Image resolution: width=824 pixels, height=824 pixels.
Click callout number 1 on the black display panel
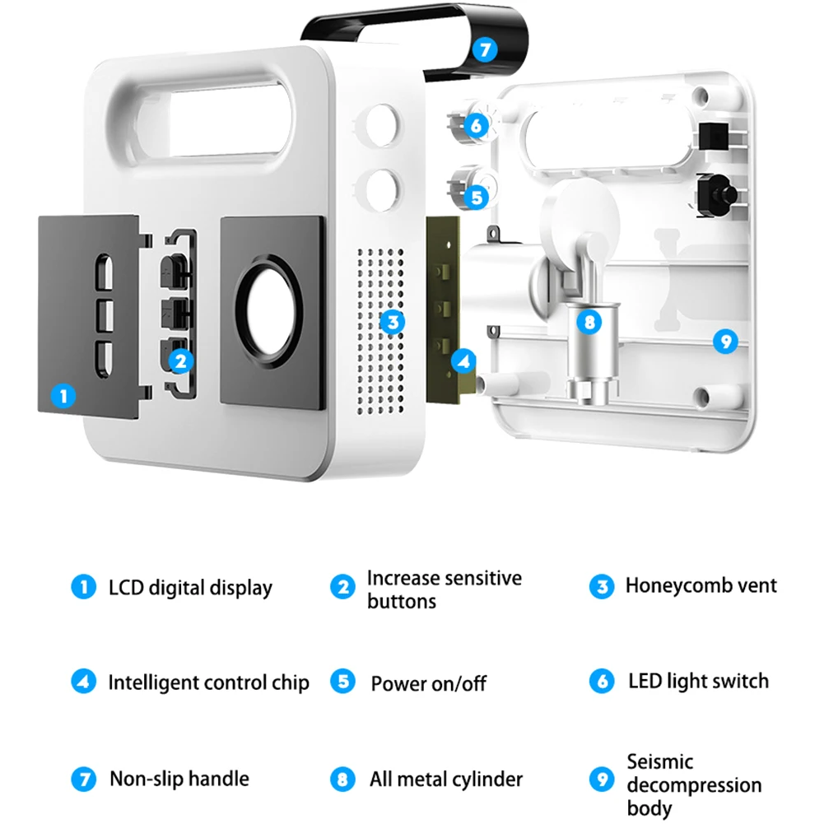[63, 396]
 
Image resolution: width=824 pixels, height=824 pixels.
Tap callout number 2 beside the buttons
[181, 360]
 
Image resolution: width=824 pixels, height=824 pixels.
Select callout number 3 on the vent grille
[393, 321]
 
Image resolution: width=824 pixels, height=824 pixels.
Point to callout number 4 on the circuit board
[464, 360]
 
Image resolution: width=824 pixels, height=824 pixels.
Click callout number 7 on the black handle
[486, 49]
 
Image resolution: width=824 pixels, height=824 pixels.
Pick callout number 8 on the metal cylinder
[589, 321]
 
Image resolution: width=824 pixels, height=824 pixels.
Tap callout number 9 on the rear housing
[724, 341]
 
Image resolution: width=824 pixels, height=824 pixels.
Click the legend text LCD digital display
[190, 588]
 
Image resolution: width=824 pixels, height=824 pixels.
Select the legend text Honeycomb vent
[701, 585]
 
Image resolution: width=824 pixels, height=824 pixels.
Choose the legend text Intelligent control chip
[209, 682]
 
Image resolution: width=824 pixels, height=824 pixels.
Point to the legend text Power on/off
[428, 683]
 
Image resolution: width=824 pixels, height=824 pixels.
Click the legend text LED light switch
[698, 681]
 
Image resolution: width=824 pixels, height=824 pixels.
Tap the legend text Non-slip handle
[179, 778]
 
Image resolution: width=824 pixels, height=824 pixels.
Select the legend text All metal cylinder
[446, 779]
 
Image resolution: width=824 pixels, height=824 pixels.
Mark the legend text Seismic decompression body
[694, 784]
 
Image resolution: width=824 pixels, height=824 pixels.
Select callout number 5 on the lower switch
[477, 198]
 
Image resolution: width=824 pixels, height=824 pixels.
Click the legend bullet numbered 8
[342, 779]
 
